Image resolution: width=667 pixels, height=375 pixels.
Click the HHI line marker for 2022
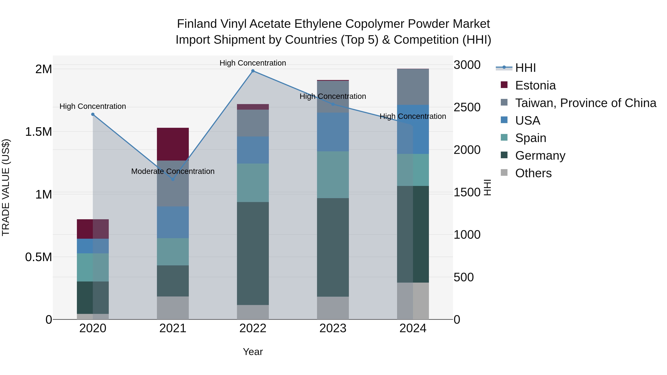tap(253, 71)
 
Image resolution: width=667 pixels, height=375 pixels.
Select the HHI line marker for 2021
tap(173, 179)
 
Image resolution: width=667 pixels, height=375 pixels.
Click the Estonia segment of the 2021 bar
tap(173, 144)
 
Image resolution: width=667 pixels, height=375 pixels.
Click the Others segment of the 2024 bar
tap(413, 301)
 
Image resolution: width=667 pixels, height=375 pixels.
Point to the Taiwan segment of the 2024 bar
tap(413, 87)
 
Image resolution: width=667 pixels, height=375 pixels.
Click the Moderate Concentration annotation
tap(173, 171)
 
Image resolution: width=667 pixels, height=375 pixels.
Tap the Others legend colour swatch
tap(504, 173)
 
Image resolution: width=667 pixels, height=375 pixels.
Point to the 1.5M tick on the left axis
tap(38, 132)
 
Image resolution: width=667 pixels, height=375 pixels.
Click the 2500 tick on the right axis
tap(467, 107)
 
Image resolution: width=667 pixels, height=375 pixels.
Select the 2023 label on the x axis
tap(333, 328)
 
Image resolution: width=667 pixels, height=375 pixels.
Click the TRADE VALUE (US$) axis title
tap(6, 187)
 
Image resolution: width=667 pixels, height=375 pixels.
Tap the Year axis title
tap(253, 352)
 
